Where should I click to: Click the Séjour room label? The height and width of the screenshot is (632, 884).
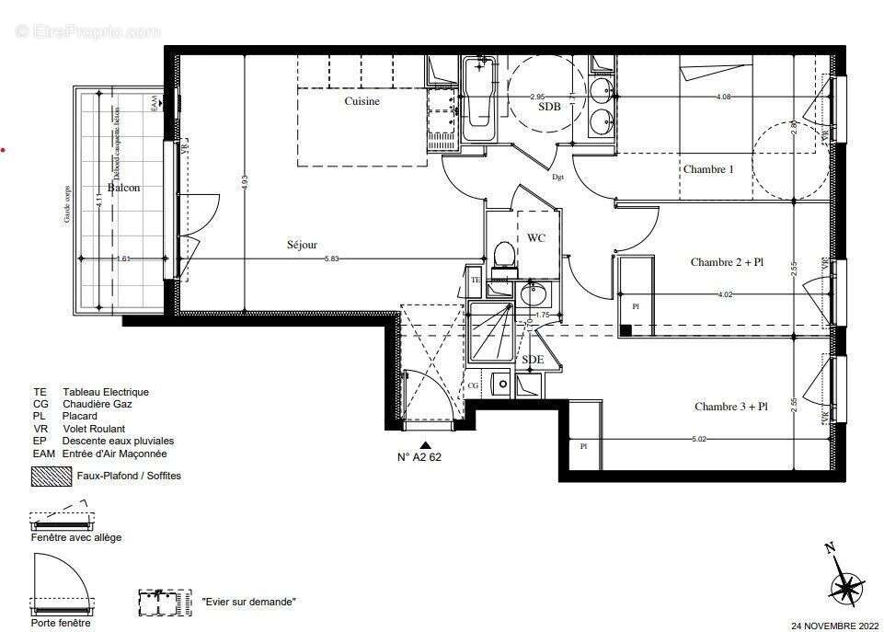tap(302, 246)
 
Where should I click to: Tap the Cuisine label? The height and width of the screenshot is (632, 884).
tap(362, 102)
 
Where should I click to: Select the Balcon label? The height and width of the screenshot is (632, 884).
tap(123, 188)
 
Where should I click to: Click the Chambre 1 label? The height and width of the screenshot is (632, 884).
tap(707, 169)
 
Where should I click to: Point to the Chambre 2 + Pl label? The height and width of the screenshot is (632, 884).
tap(727, 262)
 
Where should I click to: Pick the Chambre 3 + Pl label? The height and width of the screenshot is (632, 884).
tap(730, 407)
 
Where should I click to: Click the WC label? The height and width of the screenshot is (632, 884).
tap(536, 238)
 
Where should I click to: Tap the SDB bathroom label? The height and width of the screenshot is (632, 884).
tap(549, 107)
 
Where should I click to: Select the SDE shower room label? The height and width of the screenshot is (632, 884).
tap(533, 360)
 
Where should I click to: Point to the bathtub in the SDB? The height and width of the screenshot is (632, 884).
tap(478, 99)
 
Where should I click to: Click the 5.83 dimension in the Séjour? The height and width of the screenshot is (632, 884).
tap(330, 259)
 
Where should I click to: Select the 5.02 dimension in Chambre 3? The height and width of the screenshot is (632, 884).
tap(700, 440)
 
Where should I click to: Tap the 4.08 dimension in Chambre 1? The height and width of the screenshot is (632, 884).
tap(725, 97)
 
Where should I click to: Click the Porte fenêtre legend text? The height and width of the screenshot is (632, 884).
tap(62, 623)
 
